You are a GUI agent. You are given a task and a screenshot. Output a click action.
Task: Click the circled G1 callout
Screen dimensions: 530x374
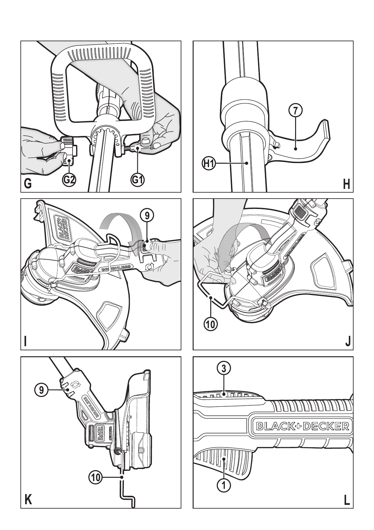coord(137,180)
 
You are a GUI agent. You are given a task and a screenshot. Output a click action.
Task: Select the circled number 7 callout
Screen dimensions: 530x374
coord(295,110)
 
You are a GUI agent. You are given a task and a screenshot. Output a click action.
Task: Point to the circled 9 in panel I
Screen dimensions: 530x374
coord(147,216)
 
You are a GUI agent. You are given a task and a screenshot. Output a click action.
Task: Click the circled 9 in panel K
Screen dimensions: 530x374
coord(41,390)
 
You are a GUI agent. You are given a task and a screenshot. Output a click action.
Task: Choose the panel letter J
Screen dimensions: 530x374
coord(347,342)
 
